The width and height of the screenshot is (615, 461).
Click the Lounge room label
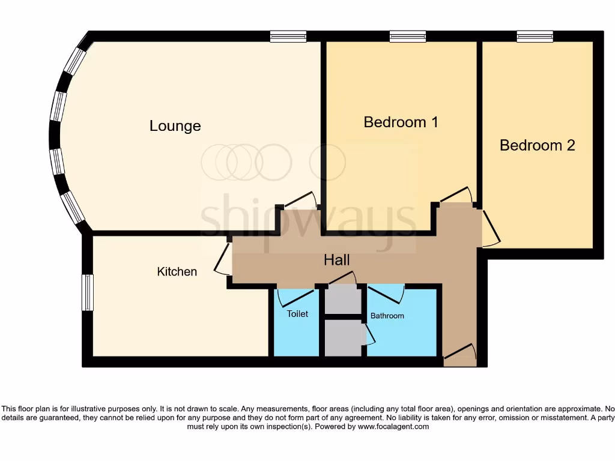[x=175, y=126]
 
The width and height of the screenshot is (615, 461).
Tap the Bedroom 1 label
[x=401, y=122]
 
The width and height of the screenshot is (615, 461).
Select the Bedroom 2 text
[x=537, y=145]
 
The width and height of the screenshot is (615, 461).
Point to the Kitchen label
[x=177, y=272]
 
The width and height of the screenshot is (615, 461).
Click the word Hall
[x=336, y=260]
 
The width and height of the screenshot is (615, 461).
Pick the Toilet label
[x=297, y=314]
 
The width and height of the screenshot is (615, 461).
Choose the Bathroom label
[x=387, y=316]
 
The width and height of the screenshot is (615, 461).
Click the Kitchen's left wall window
[x=88, y=292]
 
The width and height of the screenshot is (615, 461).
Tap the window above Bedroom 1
[x=408, y=37]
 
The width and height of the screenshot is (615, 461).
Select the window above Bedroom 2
[x=535, y=37]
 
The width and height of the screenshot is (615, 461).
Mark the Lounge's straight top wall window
[x=288, y=37]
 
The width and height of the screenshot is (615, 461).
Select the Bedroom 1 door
[x=455, y=196]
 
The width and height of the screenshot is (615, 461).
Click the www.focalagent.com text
[x=393, y=427]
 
